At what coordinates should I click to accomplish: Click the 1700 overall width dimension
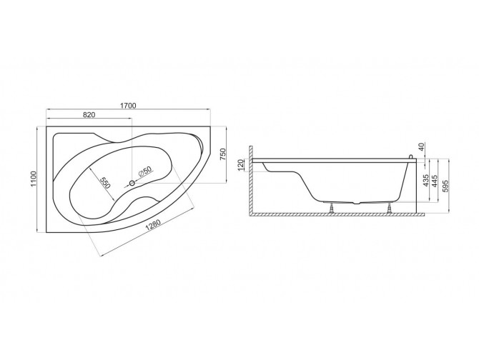[x=129, y=106]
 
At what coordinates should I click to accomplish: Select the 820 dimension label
[x=90, y=114]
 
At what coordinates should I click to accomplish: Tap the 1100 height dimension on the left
[x=32, y=180]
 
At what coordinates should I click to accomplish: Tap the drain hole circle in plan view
[x=132, y=183]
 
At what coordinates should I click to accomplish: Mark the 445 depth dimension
[x=437, y=184]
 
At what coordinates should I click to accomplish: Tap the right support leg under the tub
[x=388, y=208]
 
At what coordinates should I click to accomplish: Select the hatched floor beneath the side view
[x=336, y=215]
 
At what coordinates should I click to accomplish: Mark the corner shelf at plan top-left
[x=71, y=135]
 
